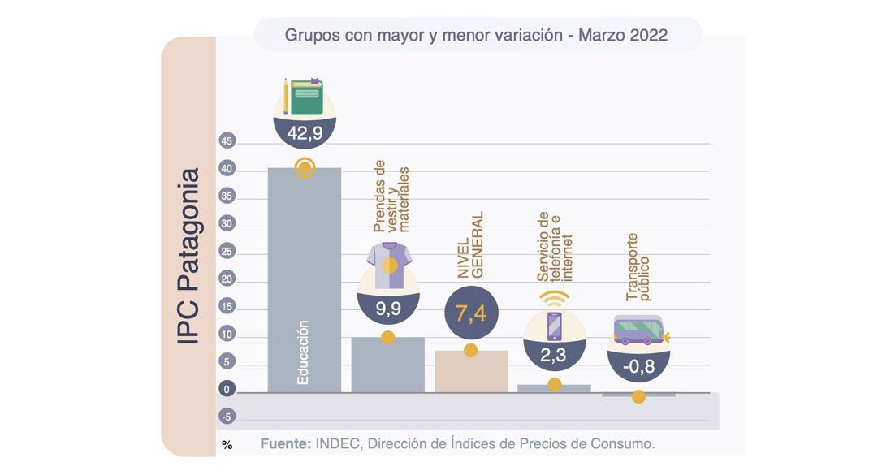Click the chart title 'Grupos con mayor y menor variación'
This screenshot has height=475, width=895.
(x=476, y=35)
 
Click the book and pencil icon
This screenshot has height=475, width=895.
(x=304, y=97)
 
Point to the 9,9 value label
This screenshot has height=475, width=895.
(x=388, y=309)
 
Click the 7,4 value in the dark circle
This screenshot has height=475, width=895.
(x=470, y=313)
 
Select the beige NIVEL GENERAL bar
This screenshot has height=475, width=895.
(x=471, y=371)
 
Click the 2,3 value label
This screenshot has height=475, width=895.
(x=555, y=354)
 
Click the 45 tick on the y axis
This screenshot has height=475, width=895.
(x=227, y=142)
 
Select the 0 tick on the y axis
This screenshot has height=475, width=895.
(x=227, y=391)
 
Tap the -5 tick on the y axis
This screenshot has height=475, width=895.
(x=227, y=417)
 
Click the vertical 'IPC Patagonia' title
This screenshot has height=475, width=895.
(x=188, y=256)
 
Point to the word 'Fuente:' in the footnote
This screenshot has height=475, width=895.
(x=283, y=444)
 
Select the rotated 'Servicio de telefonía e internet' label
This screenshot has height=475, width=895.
(x=556, y=247)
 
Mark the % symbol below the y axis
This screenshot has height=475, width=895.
(x=227, y=445)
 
